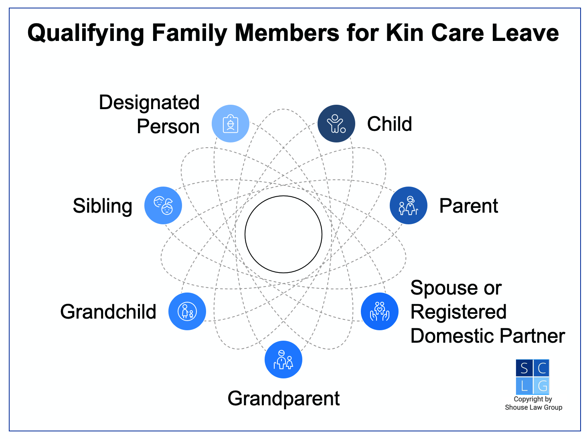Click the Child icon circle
[x=336, y=124]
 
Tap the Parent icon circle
[x=408, y=205]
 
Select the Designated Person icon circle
[x=230, y=124]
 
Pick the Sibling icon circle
[x=163, y=205]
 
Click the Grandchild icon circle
[x=187, y=311]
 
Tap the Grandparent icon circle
[x=283, y=360]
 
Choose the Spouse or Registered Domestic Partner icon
[x=379, y=311]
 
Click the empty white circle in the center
[x=283, y=234]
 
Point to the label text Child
[x=389, y=124]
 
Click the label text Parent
[x=468, y=206]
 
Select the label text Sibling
[x=102, y=206]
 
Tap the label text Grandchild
[x=108, y=312]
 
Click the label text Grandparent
[x=283, y=399]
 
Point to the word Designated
[x=149, y=103]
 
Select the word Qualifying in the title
[x=85, y=33]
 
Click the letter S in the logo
[x=524, y=368]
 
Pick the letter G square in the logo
[x=542, y=386]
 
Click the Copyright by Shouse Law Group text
[x=533, y=403]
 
